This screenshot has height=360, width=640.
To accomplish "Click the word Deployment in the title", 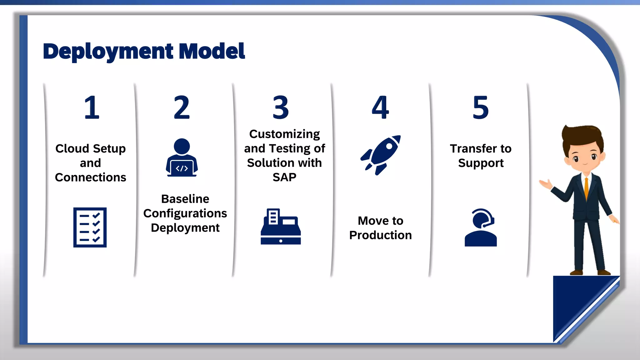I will coord(108,52).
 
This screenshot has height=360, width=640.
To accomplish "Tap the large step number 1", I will coord(92,107).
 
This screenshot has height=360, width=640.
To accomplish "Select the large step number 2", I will coord(182,107).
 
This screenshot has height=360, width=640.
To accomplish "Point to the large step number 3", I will coord(281,107).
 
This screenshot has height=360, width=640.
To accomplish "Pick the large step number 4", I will coord(380,107).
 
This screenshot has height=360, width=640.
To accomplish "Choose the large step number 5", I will coord(480,107).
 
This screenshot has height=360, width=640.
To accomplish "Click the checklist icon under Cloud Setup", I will coord(90,227).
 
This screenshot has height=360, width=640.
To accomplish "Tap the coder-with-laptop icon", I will coord(182,158).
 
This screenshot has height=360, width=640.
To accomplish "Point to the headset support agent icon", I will coord(480,227).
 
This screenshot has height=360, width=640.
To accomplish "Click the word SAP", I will coord(284,177).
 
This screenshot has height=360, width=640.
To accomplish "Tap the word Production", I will coord(380,235).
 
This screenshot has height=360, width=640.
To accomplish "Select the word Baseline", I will coord(185,199).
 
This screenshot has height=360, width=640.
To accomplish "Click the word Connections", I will coord(90,177).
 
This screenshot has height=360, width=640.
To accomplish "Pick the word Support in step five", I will coord(481,163).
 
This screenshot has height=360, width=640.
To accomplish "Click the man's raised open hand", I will coord(546,184).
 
